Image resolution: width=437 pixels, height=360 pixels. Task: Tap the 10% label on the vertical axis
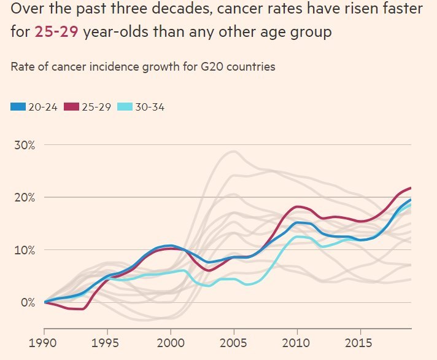pos(23,250)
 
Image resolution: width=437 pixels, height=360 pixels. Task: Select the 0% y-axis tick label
pos(26,302)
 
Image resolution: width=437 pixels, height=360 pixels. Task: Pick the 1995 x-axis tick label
pos(108,339)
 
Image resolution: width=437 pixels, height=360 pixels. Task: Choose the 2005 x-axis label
pos(234,339)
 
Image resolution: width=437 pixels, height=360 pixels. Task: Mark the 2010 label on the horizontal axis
pos(297,339)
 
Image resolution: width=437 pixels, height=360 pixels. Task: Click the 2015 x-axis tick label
pos(360,339)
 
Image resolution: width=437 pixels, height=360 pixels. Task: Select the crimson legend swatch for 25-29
pos(71,107)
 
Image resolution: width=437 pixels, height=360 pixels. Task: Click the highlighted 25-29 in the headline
pos(56,32)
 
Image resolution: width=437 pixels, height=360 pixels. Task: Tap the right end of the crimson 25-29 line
pos(410,188)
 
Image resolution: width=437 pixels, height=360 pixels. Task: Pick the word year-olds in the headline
pos(114,32)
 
